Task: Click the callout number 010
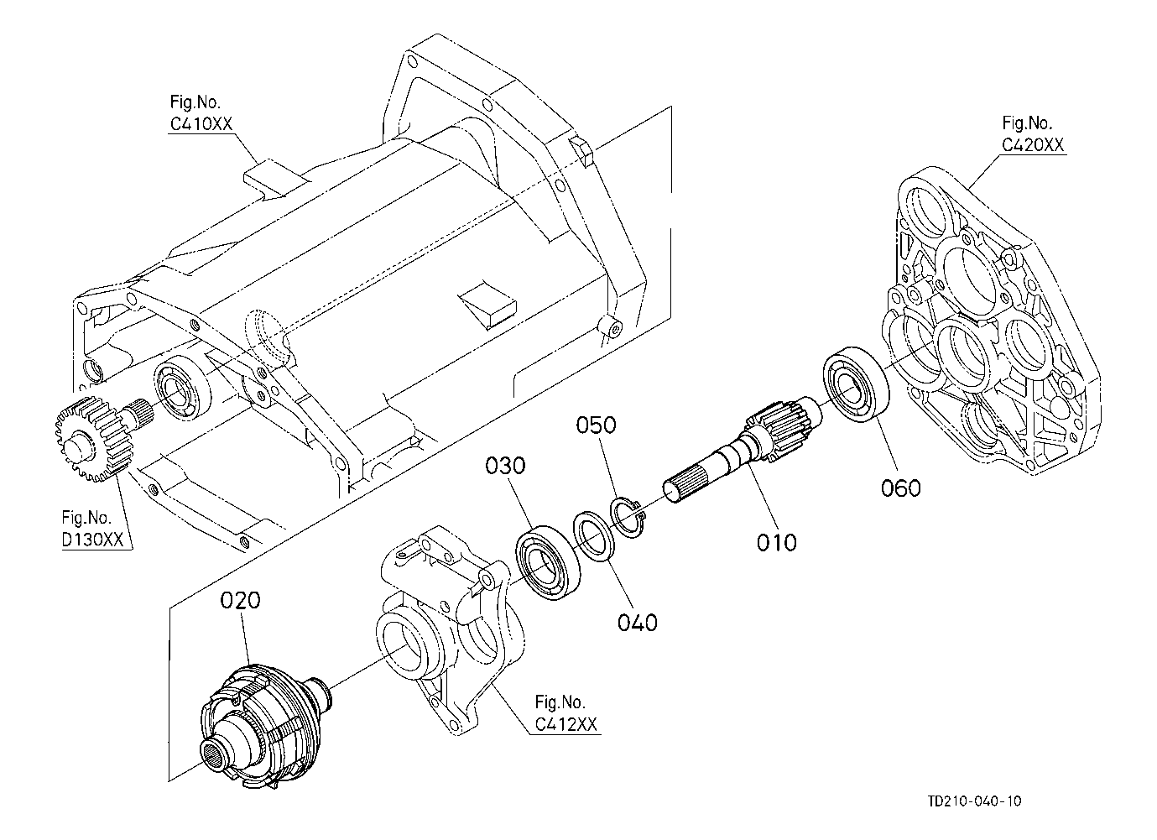[x=776, y=542]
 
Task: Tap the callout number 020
[x=240, y=600]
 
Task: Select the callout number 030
[x=505, y=466]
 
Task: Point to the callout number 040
[x=638, y=623]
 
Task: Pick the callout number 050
[x=596, y=425]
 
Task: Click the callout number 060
[x=901, y=488]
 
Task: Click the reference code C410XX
[x=201, y=124]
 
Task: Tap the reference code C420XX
[x=1033, y=145]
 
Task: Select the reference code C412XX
[x=565, y=725]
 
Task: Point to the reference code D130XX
[x=92, y=540]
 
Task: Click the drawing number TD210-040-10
[x=975, y=801]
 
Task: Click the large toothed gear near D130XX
[x=93, y=439]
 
